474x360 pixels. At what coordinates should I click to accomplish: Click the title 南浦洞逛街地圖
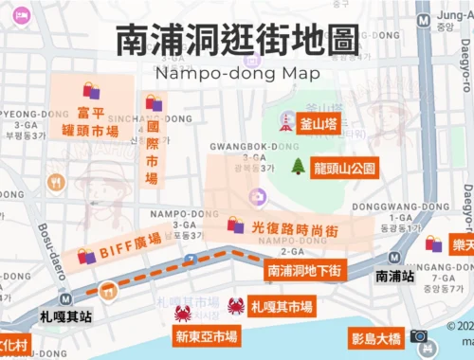tap(237, 39)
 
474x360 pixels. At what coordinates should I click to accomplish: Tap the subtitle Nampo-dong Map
tap(237, 72)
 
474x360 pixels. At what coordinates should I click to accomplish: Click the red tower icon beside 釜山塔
tap(283, 122)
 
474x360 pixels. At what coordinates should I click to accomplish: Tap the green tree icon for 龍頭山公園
tap(298, 167)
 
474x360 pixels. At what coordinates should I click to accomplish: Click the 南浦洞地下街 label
tap(304, 270)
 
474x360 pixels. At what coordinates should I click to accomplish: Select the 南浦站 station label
tap(393, 277)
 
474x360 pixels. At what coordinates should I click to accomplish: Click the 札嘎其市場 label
tap(282, 306)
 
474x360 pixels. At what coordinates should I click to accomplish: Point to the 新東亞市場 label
tap(206, 336)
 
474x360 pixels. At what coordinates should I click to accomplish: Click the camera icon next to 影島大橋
tap(418, 336)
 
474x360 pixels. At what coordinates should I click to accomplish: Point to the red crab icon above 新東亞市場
tap(183, 313)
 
